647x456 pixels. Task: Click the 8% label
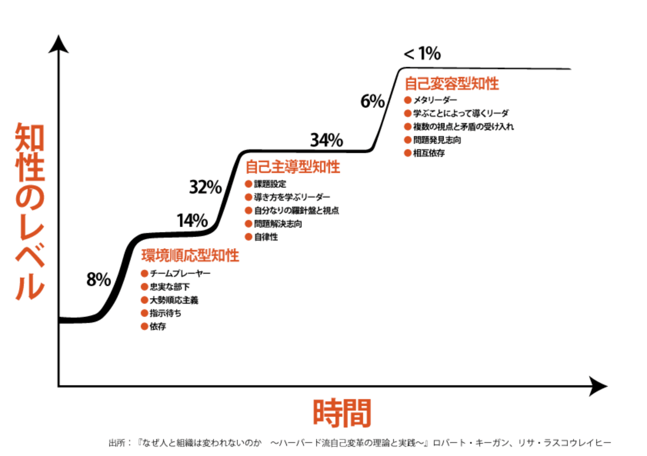(x=98, y=279)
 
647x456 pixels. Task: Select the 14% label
(x=192, y=221)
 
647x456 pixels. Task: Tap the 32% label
(x=205, y=187)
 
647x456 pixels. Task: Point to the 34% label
(x=327, y=140)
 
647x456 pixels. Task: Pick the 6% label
(x=372, y=102)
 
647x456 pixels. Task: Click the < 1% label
(x=422, y=53)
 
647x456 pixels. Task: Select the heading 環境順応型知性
(x=190, y=256)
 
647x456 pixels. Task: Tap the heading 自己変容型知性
(x=452, y=84)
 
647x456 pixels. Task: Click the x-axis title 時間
(x=342, y=413)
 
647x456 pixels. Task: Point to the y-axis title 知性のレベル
(x=30, y=211)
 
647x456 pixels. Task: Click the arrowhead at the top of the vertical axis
(x=58, y=44)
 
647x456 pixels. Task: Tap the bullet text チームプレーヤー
(x=180, y=273)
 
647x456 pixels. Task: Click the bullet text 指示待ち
(x=165, y=313)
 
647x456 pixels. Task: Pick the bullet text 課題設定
(x=270, y=184)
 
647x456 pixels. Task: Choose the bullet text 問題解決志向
(x=278, y=224)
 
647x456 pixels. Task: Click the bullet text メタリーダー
(x=435, y=100)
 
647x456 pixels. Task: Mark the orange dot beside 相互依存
(x=408, y=153)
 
